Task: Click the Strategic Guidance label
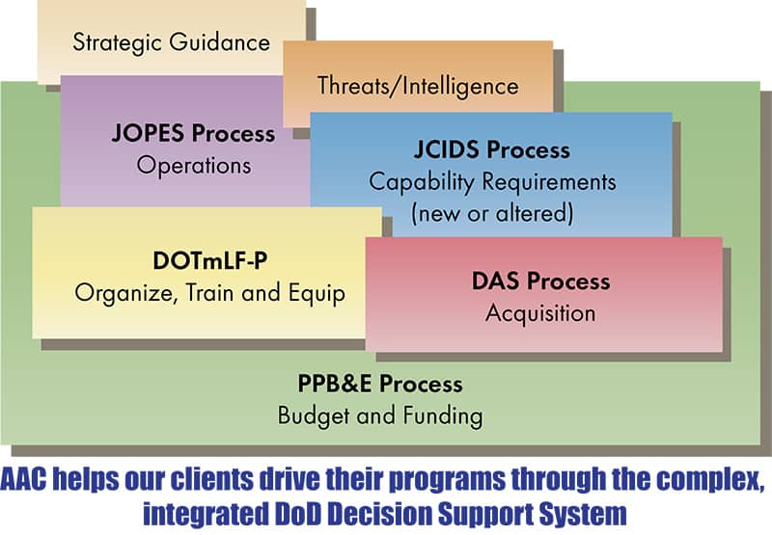[172, 42]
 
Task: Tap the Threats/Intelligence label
[418, 86]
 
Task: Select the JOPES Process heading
[194, 133]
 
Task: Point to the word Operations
[194, 165]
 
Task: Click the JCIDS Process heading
[492, 149]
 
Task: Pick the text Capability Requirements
[492, 182]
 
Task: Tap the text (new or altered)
[492, 214]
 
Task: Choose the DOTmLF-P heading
[210, 260]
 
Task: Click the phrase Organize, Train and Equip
[210, 294]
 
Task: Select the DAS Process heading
[541, 281]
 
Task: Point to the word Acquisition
[540, 313]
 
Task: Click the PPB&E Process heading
[380, 384]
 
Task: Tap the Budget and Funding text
[380, 416]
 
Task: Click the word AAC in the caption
[23, 479]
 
